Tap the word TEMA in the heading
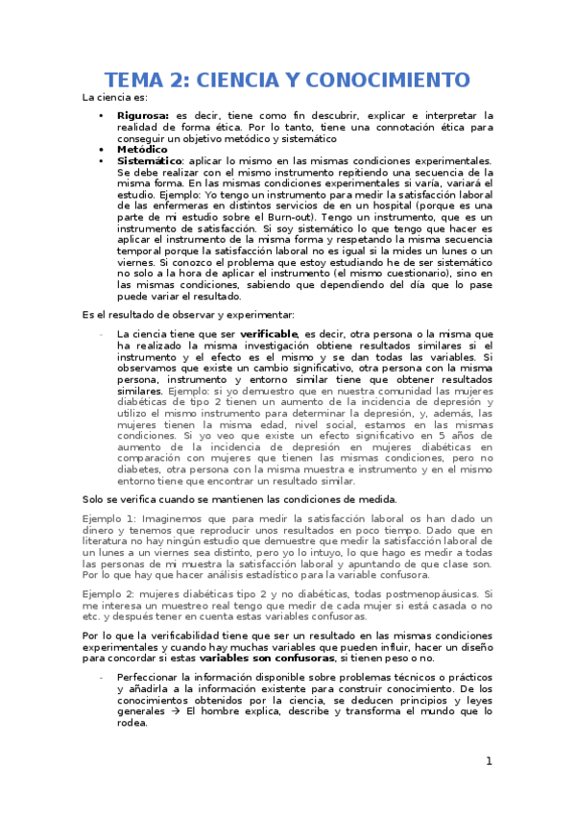pyautogui.click(x=135, y=79)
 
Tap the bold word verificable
pyautogui.click(x=270, y=334)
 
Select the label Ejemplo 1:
pyautogui.click(x=109, y=518)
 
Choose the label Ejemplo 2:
pyautogui.click(x=109, y=595)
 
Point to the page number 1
pyautogui.click(x=489, y=761)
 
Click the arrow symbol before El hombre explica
pyautogui.click(x=178, y=711)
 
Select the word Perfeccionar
pyautogui.click(x=151, y=678)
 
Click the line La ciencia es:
pyautogui.click(x=115, y=97)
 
